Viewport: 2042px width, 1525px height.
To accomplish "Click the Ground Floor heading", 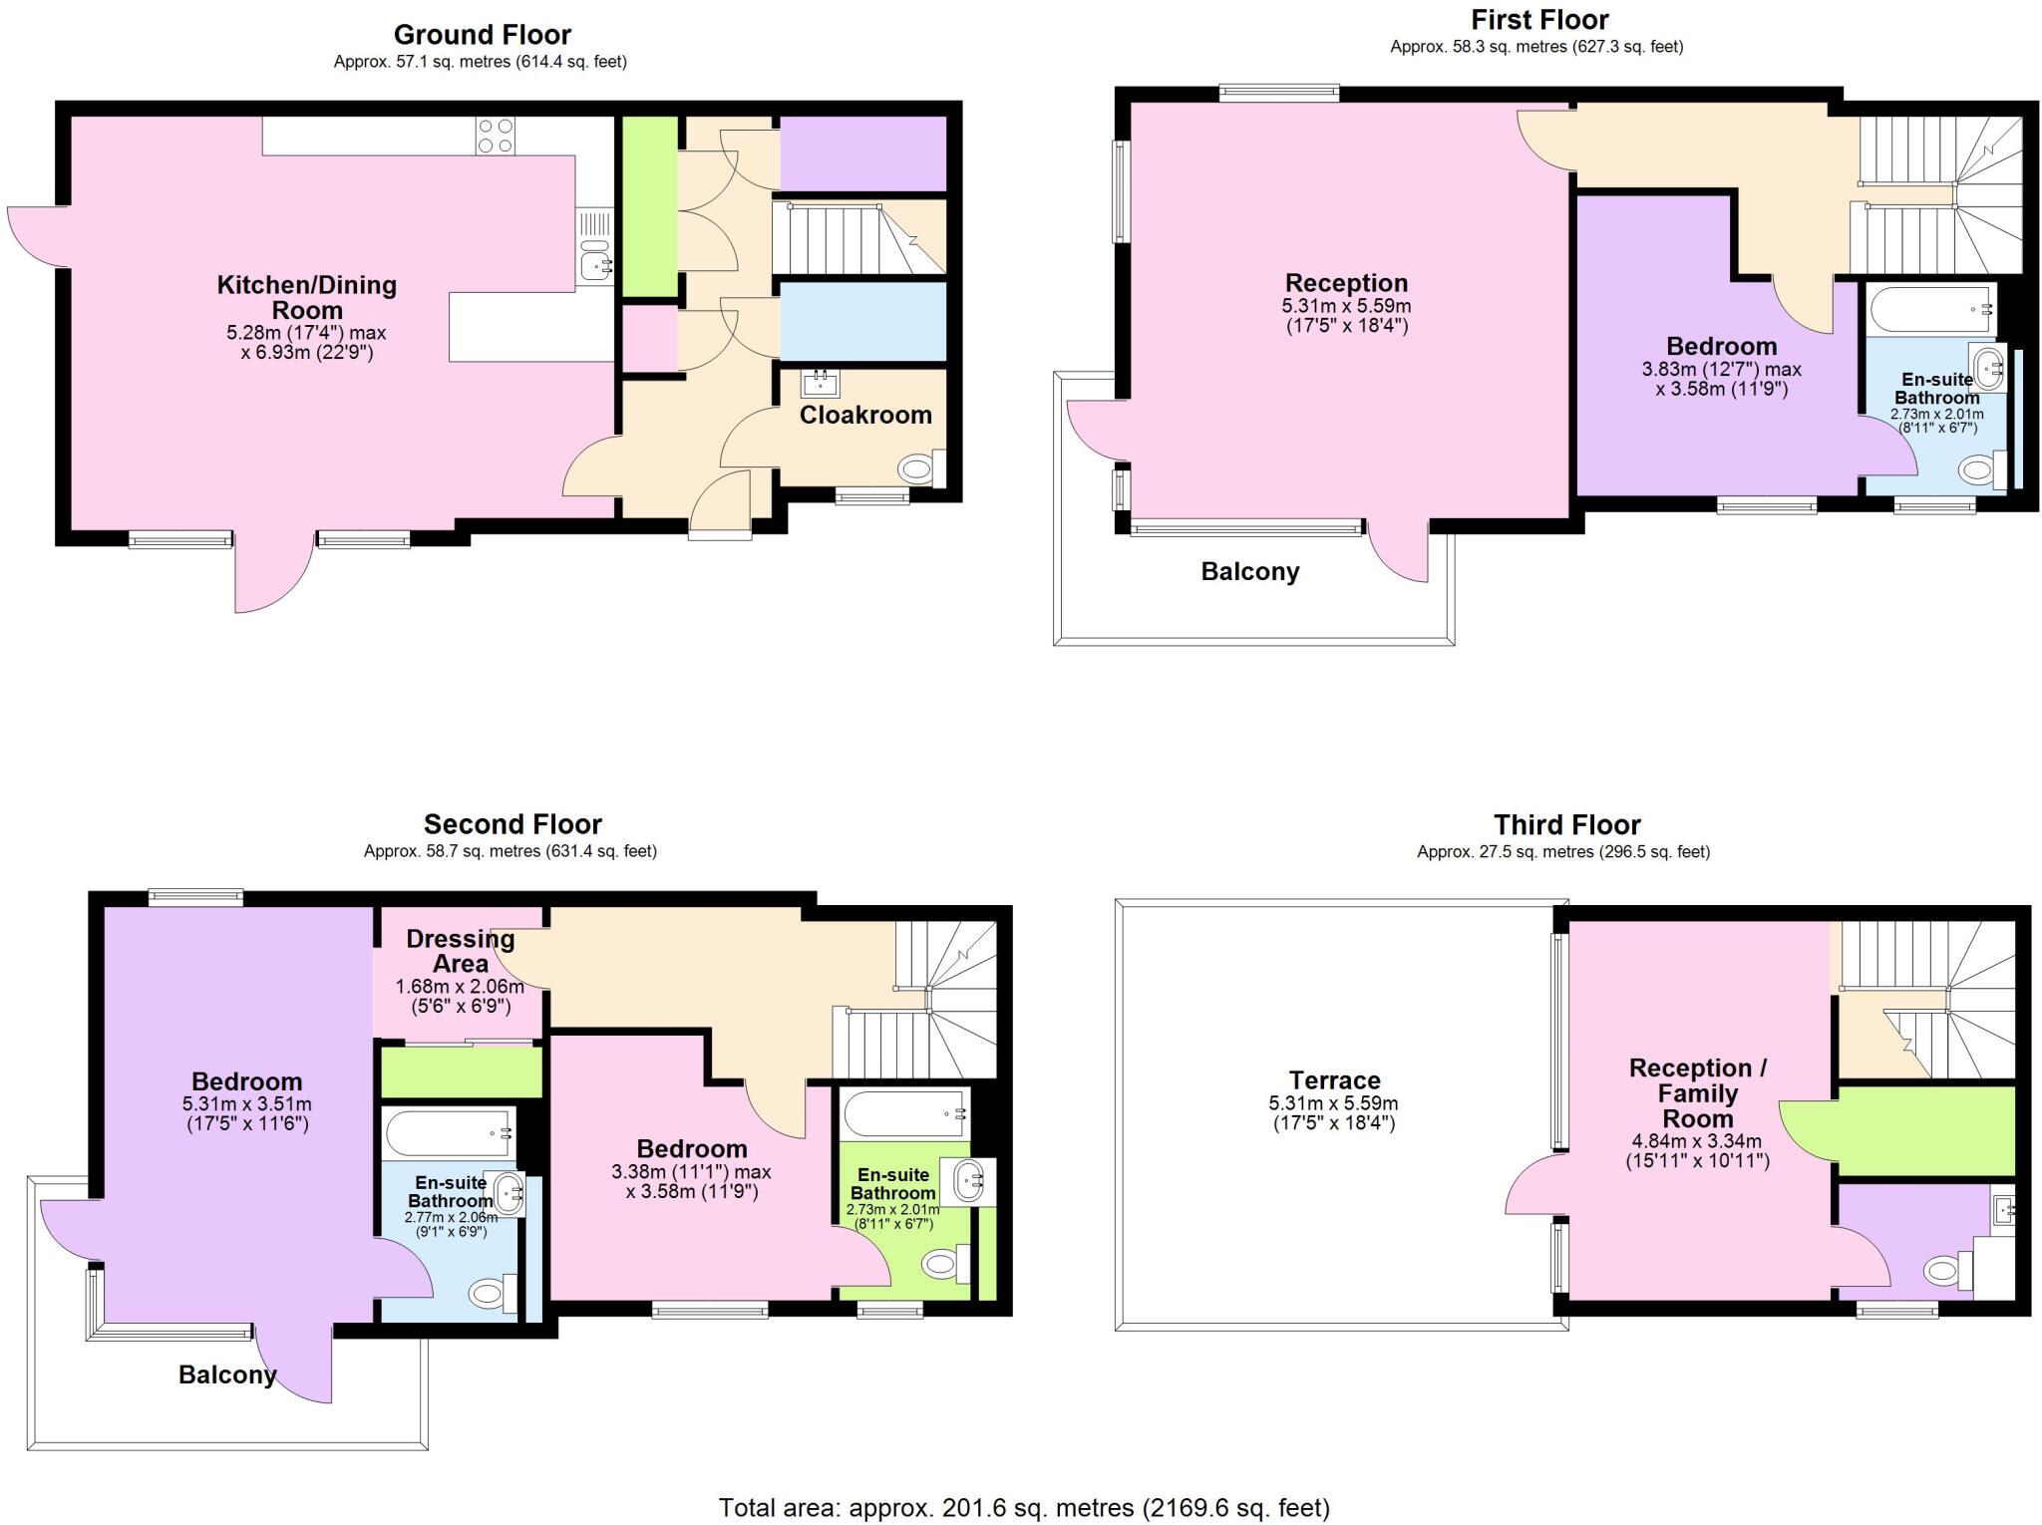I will [x=482, y=35].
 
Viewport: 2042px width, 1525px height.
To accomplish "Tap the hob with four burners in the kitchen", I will [x=496, y=136].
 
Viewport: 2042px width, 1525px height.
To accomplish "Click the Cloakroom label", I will [x=865, y=415].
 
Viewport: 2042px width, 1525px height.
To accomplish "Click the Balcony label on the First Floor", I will [x=1249, y=572].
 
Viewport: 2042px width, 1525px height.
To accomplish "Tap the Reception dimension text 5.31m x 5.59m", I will [x=1346, y=306].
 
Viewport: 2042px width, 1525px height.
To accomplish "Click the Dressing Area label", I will [x=461, y=951].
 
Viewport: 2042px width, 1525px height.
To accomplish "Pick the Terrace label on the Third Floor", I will [x=1334, y=1080].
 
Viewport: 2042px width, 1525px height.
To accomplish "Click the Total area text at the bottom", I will [x=1024, y=1508].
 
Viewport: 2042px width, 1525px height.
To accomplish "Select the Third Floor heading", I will [x=1566, y=825].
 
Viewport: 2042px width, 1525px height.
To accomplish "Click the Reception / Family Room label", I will [x=1697, y=1093].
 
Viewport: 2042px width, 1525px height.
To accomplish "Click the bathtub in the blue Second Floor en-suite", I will [x=448, y=1132].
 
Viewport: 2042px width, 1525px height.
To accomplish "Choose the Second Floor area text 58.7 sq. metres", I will [x=510, y=851].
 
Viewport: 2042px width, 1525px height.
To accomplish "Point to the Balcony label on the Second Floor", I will [x=227, y=1374].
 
